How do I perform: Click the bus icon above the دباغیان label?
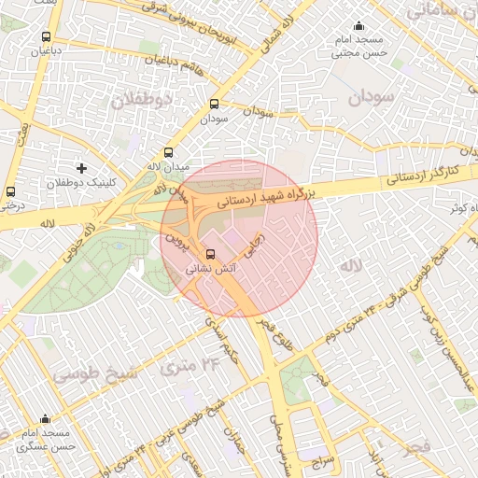[46, 36]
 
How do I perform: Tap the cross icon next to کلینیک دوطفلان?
[82, 169]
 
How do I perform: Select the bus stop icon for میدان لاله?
[168, 152]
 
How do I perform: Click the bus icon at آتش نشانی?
[210, 253]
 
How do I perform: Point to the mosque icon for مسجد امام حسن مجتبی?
[358, 27]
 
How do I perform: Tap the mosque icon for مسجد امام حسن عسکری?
[45, 419]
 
